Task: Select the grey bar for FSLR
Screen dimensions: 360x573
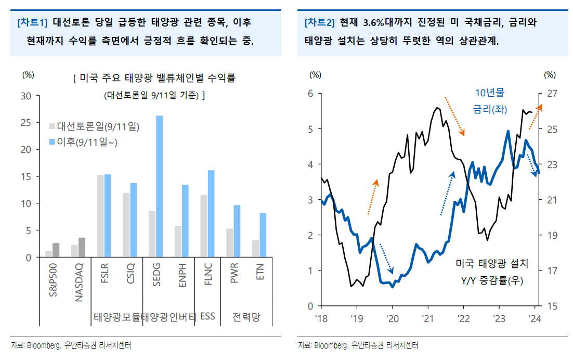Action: tap(100, 216)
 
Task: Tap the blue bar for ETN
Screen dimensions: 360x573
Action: tap(263, 235)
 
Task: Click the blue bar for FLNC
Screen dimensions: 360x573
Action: tap(211, 213)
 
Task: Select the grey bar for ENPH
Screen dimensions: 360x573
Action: tap(178, 241)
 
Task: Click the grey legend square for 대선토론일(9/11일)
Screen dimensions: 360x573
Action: tap(52, 126)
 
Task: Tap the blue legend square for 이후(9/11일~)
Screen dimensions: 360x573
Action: tap(52, 142)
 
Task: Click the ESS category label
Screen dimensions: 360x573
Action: tap(207, 316)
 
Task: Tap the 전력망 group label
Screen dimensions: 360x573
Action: tap(246, 316)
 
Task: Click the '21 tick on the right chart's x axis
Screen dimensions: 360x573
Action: tap(427, 318)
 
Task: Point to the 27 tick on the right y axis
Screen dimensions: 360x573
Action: tap(552, 94)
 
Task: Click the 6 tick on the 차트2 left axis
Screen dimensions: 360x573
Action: tap(310, 94)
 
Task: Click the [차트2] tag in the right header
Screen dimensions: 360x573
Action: tap(318, 23)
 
